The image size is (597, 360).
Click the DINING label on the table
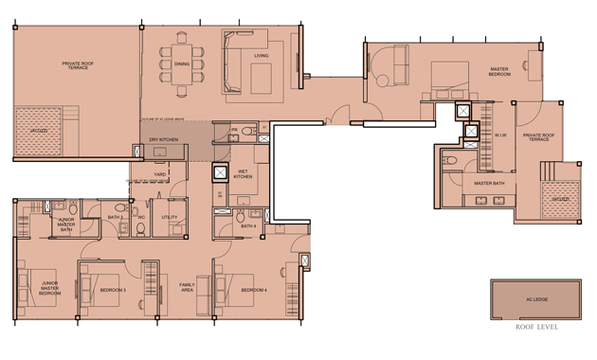pos(181,64)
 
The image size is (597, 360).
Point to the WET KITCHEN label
pos(244,174)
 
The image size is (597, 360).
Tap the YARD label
pos(161,174)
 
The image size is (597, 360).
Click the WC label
pos(140,217)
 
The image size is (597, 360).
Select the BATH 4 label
pos(248,226)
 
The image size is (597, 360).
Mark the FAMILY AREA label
pos(187,288)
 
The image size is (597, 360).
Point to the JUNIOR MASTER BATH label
pos(65,225)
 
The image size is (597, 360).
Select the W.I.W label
pos(501,135)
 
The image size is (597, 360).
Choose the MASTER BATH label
pos(488,183)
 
